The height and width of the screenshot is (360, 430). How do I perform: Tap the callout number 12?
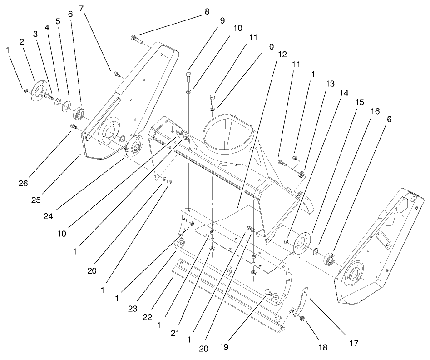click(282, 54)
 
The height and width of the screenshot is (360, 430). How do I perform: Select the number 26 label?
click(23, 183)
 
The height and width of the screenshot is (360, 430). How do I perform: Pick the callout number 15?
click(359, 103)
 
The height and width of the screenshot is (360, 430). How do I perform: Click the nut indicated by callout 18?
click(302, 320)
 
